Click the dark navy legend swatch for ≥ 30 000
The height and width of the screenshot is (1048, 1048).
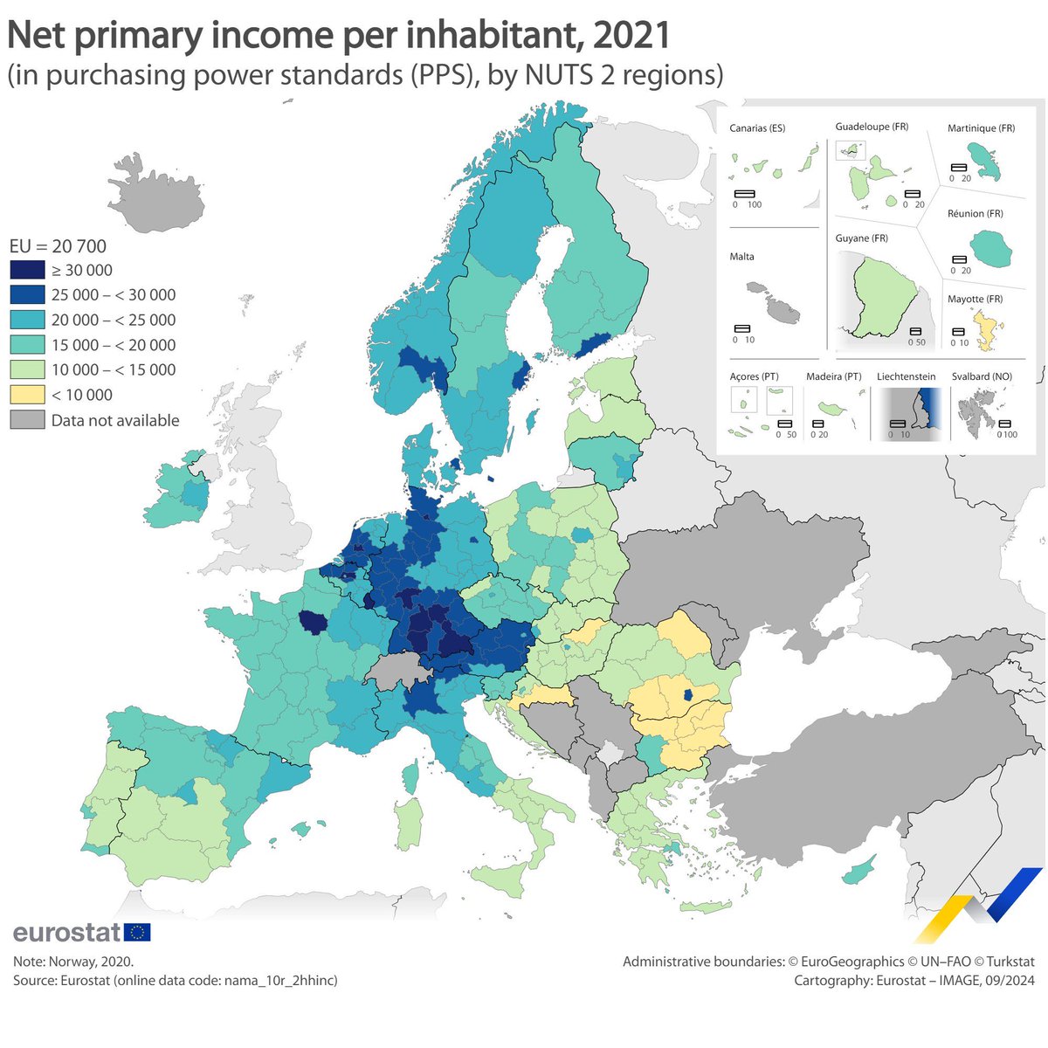coord(27,270)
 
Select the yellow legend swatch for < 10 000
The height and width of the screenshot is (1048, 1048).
coord(27,395)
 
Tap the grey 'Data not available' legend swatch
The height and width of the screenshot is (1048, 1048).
coord(27,420)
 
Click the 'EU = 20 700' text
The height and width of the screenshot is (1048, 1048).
coord(58,246)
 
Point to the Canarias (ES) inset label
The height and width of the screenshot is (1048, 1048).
coord(757,128)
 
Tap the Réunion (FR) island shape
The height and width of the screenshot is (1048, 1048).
coord(991,250)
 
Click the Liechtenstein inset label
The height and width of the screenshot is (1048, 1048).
coord(906,376)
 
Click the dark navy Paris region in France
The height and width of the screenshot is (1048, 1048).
coord(312,623)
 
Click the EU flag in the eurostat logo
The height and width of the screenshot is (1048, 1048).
coord(137,932)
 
